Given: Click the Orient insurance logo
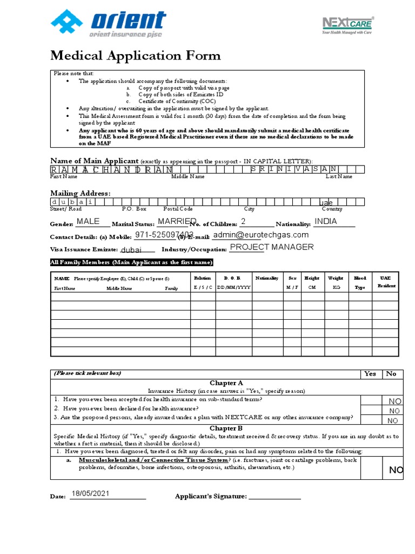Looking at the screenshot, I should (108, 24).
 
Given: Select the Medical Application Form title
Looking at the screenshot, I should (135, 55).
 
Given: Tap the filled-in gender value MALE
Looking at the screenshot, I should (88, 221).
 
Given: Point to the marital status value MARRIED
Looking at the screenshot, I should (177, 221).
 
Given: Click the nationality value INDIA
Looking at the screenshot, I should (325, 221).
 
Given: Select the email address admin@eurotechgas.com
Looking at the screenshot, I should (261, 235).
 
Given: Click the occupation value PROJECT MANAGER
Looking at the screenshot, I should (272, 247).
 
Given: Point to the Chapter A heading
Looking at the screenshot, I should (226, 383).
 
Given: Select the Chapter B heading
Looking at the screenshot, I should (226, 428).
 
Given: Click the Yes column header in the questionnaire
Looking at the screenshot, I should (370, 374).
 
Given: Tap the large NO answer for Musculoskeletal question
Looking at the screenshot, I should (396, 471).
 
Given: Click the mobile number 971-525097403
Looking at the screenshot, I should (164, 235).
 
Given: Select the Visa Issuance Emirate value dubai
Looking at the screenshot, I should (131, 250).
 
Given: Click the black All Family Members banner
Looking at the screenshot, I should (131, 262).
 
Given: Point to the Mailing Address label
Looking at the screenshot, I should (80, 193).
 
